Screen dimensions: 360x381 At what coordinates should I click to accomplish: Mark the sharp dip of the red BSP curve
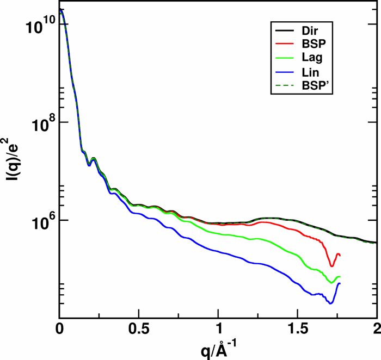pos(331,266)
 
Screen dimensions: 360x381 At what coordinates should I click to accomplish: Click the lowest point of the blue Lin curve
pos(330,303)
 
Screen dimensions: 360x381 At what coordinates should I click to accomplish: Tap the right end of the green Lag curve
pos(340,277)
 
